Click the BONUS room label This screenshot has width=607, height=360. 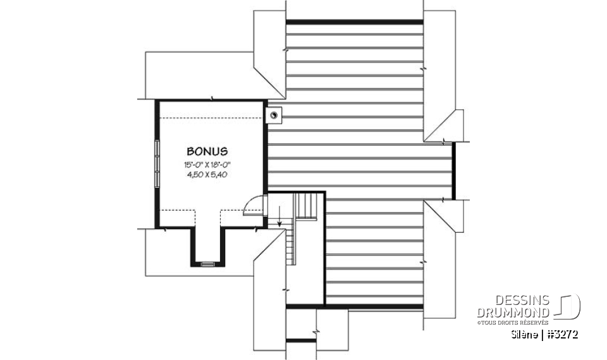click(207, 152)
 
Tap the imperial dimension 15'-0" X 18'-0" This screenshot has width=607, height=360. click(207, 165)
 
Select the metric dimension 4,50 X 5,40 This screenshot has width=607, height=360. click(207, 175)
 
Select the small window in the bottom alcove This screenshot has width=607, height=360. click(207, 264)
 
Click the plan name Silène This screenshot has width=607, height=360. click(525, 335)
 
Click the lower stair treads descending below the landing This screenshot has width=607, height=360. click(291, 247)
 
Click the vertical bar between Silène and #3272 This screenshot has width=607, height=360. click(543, 335)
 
